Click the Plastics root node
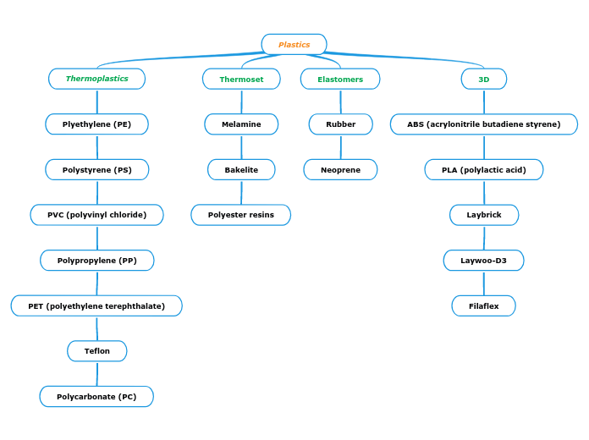coord(294,45)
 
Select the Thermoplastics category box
coord(96,79)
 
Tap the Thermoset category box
coord(241,80)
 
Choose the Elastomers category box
coord(340,80)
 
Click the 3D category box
coord(484,80)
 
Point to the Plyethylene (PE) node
coord(96,124)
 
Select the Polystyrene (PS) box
coord(96,170)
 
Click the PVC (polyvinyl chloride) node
coord(96,215)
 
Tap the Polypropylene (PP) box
coord(96,261)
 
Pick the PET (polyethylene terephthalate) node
coord(96,306)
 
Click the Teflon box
coord(96,351)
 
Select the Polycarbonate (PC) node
coord(96,397)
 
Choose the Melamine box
coord(241,124)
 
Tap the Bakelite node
coord(241,170)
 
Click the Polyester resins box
coord(241,215)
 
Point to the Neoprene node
coord(340,170)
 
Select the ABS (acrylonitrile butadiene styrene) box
coord(484,124)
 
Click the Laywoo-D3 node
coord(484,261)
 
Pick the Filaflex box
coord(484,306)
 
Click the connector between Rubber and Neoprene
coord(341,147)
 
